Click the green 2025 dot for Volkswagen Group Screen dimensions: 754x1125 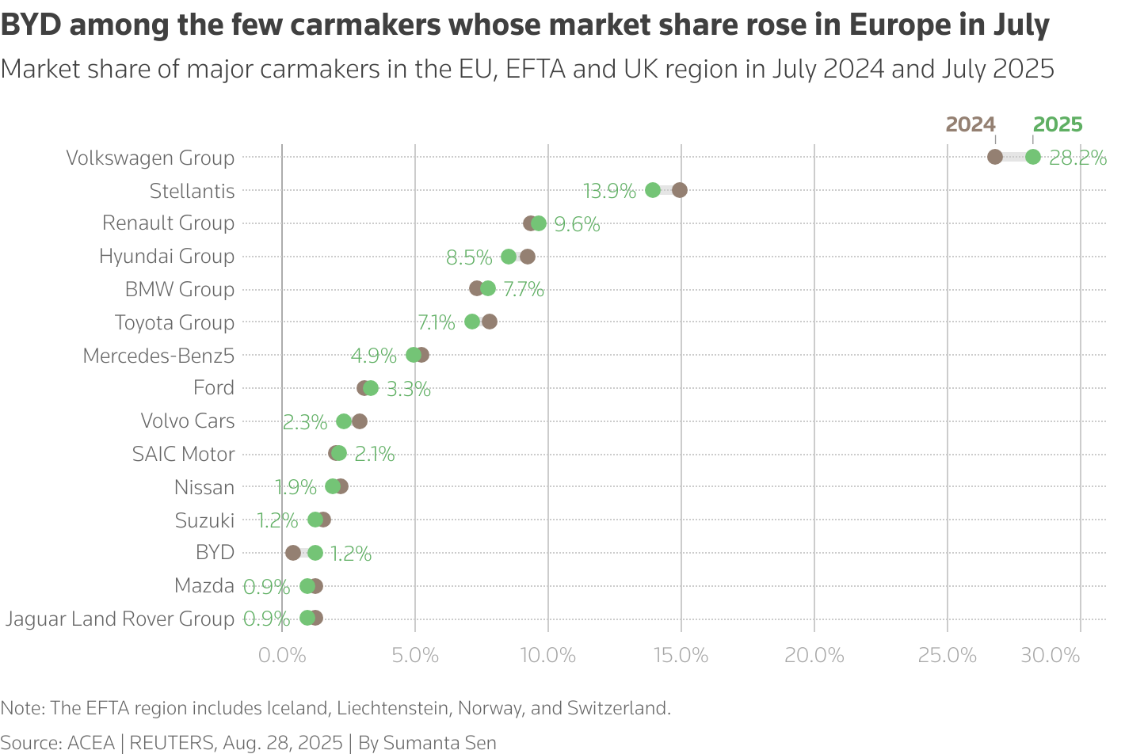[x=1032, y=157]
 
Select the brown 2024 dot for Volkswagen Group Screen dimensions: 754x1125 [x=995, y=157]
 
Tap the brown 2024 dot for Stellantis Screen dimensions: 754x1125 [x=679, y=190]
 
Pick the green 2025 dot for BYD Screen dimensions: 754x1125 [x=315, y=553]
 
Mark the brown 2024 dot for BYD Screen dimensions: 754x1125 [x=293, y=553]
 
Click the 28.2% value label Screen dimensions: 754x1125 [x=1077, y=158]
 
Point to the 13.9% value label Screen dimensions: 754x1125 [x=609, y=191]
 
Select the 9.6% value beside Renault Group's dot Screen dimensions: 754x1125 [x=577, y=224]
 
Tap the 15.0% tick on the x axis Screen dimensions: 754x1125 [x=681, y=656]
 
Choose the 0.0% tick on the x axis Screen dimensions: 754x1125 [x=282, y=656]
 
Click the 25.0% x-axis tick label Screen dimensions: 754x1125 [x=947, y=656]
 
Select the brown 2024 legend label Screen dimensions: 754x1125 [x=971, y=124]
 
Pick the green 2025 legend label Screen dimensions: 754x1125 [x=1058, y=124]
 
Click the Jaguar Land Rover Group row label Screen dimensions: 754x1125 [x=120, y=619]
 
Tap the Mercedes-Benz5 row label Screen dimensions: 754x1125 [x=158, y=356]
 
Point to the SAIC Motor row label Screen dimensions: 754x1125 [x=183, y=454]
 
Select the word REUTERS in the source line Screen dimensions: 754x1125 [x=172, y=743]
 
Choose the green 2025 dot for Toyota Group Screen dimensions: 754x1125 [x=472, y=322]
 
